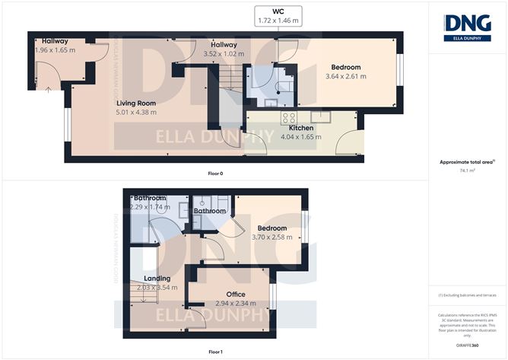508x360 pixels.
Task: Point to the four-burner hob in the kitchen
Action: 290,117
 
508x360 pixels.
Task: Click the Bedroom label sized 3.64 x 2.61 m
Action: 342,72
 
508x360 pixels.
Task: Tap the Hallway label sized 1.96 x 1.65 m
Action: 56,45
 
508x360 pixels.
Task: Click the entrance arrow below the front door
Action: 47,90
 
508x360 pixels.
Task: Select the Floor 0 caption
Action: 215,174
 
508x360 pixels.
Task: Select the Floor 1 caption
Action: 215,352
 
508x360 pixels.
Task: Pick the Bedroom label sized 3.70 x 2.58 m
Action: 271,232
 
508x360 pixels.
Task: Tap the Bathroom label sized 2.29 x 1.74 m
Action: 149,202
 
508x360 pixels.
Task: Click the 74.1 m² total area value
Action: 468,171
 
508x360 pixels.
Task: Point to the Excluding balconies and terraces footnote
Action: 468,295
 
